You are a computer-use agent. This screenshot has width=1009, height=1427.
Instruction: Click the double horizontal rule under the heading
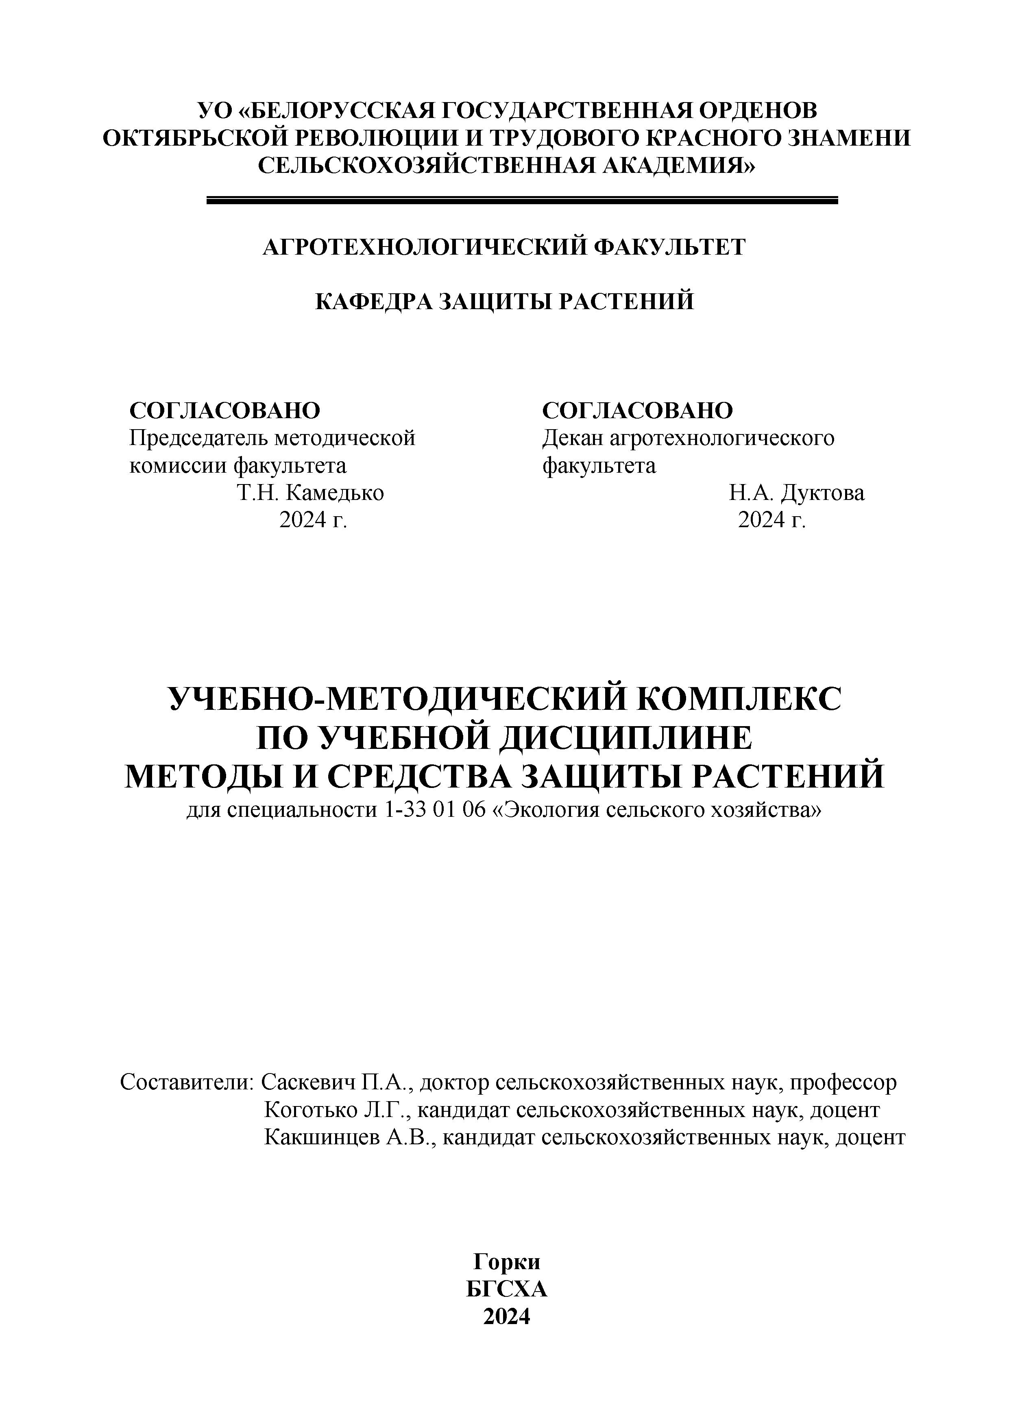[x=522, y=200]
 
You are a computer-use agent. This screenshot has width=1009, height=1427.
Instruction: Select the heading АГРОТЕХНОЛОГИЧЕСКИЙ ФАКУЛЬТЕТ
[x=504, y=247]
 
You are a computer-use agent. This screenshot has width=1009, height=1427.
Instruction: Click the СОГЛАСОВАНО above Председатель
[x=225, y=410]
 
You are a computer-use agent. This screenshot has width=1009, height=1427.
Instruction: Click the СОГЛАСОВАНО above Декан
[x=637, y=410]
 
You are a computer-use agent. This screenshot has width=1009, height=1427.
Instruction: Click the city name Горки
[x=506, y=1262]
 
